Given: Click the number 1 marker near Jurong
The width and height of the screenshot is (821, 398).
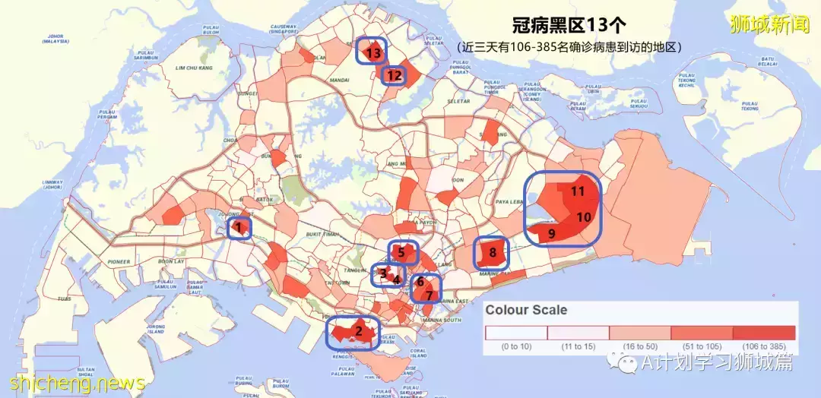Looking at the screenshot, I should (239, 226).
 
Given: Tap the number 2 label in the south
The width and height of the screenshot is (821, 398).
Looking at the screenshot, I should (357, 330).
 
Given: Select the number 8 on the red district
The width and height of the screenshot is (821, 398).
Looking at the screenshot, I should (493, 252).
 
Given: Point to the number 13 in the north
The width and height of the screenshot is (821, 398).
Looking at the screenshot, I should (372, 53).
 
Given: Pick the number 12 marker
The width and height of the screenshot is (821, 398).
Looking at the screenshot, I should (394, 75).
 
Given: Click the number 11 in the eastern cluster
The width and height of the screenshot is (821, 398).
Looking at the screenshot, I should (578, 191).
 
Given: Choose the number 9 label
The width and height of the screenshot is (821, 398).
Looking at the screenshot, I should (551, 233).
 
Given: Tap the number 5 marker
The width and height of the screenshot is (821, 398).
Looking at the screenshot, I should (401, 252).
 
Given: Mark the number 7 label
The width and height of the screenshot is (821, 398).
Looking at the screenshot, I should (430, 295).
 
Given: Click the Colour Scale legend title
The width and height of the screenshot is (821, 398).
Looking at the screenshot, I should (526, 311).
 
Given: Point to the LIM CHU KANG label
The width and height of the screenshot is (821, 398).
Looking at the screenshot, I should (195, 68).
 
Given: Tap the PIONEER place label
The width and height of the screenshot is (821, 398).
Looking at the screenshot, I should (119, 261).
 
